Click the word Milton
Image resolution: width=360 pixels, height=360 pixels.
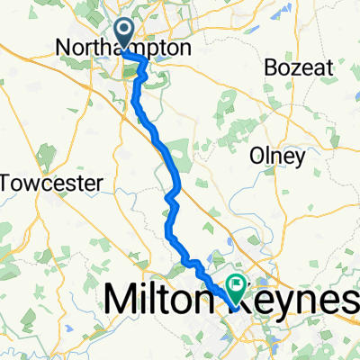click(x=162, y=300)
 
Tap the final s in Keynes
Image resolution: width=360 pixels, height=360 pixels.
click(x=350, y=300)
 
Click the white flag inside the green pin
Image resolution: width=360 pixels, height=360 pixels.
click(x=237, y=286)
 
